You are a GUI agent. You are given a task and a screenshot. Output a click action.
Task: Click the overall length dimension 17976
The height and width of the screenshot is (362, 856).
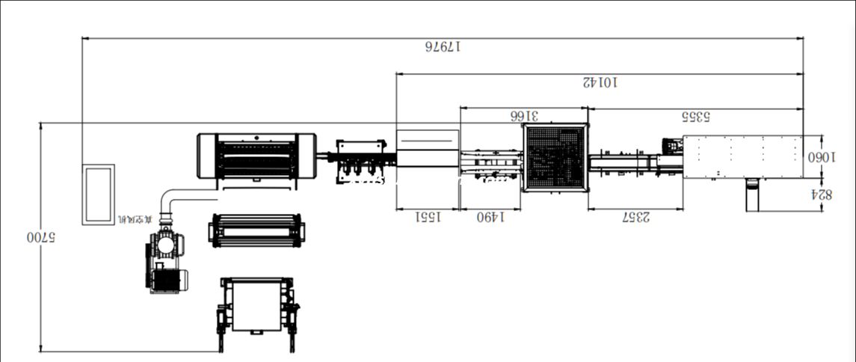click(x=443, y=46)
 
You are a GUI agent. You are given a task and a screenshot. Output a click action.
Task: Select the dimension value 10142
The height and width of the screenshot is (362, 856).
click(x=600, y=82)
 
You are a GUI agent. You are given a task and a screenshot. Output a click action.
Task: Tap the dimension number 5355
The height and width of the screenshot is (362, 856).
click(x=695, y=116)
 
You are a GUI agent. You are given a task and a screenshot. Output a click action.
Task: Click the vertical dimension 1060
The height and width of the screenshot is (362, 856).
click(x=820, y=157)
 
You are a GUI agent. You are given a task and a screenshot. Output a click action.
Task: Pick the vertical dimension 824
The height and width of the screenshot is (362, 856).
click(x=820, y=194)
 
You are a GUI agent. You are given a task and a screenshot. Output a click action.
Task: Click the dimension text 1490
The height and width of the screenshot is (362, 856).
click(x=490, y=217)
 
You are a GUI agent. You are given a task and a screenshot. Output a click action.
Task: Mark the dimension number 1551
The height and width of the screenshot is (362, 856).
click(x=427, y=217)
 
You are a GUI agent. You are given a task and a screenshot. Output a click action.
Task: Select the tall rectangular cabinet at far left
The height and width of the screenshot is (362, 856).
click(x=99, y=194)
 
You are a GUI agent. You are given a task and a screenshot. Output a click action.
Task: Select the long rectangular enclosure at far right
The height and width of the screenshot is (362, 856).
click(x=743, y=156)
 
